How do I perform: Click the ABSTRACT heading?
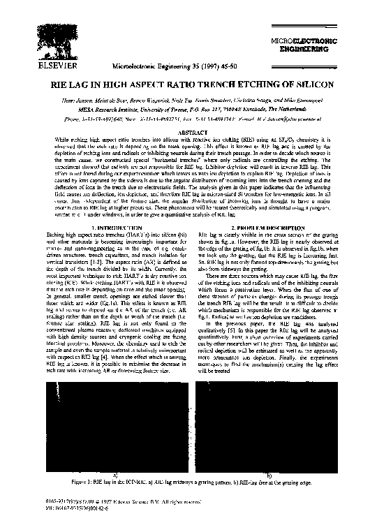(x=188, y=131)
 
